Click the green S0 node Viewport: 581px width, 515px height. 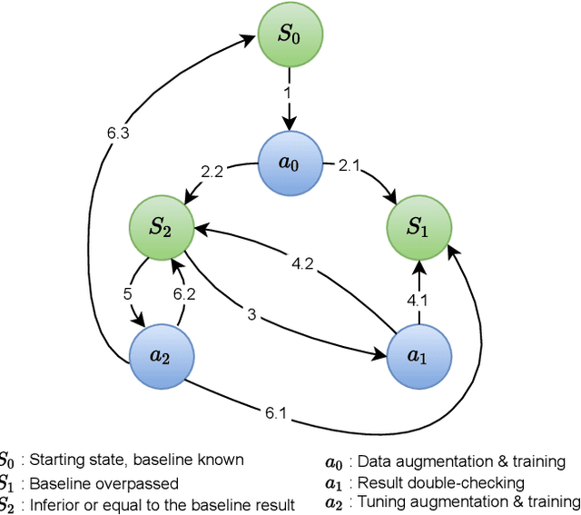[x=290, y=36]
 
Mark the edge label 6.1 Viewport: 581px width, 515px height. [x=275, y=414]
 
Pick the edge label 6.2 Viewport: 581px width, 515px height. [x=185, y=293]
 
